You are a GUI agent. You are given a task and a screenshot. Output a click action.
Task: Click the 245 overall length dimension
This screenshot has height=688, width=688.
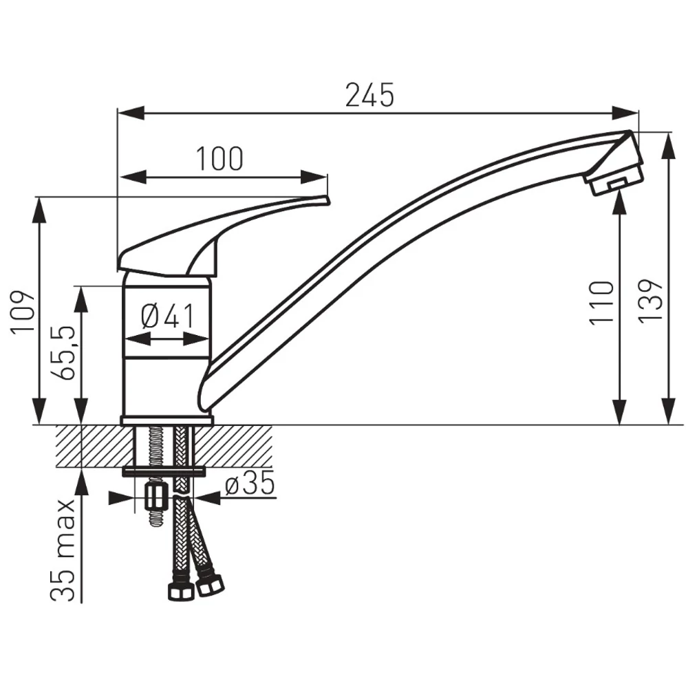point(369,95)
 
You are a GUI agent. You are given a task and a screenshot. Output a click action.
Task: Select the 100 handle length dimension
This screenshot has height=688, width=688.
point(219,159)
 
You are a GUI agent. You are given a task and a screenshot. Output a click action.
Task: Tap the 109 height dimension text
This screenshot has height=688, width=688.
point(23,312)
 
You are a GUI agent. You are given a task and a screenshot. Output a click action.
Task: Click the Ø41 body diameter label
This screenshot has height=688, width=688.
point(168,316)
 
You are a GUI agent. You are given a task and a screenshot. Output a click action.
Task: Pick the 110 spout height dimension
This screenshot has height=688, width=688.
point(601,303)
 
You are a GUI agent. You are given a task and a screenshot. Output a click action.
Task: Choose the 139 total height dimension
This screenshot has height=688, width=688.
point(650,301)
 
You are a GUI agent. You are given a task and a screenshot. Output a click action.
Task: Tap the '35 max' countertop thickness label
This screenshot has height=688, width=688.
point(63,550)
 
